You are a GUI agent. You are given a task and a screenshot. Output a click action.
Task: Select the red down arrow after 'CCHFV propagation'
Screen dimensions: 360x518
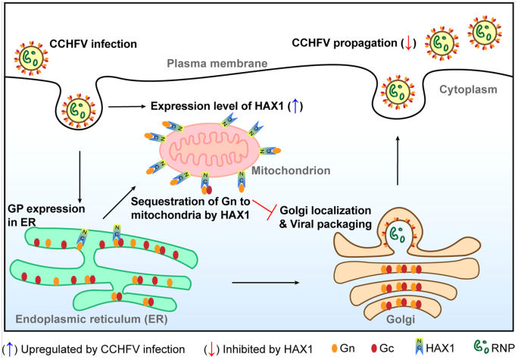click(x=409, y=43)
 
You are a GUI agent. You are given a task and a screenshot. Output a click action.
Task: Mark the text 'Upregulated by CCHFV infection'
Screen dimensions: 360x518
click(x=106, y=348)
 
